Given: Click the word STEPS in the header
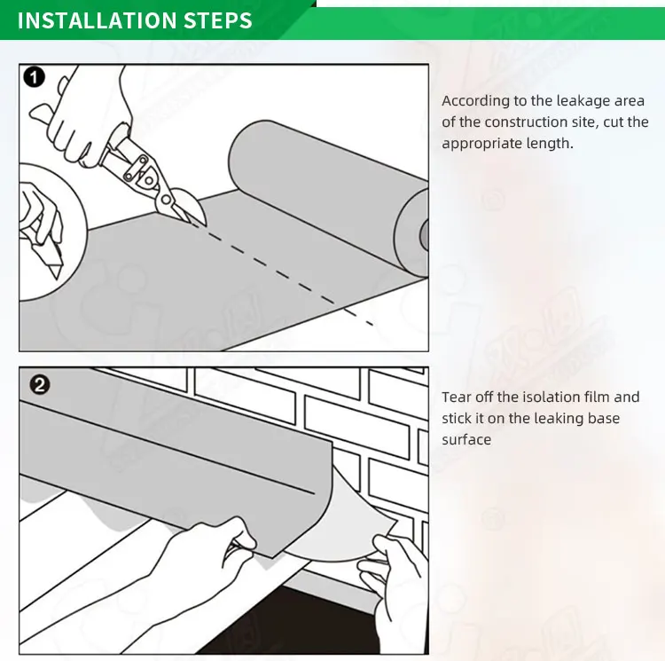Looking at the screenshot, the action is click(217, 20).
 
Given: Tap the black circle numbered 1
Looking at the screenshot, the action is click(35, 78).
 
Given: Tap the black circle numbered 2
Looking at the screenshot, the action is click(39, 385).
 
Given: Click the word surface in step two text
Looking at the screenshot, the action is click(466, 440).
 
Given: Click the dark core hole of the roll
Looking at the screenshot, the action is click(424, 234).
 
